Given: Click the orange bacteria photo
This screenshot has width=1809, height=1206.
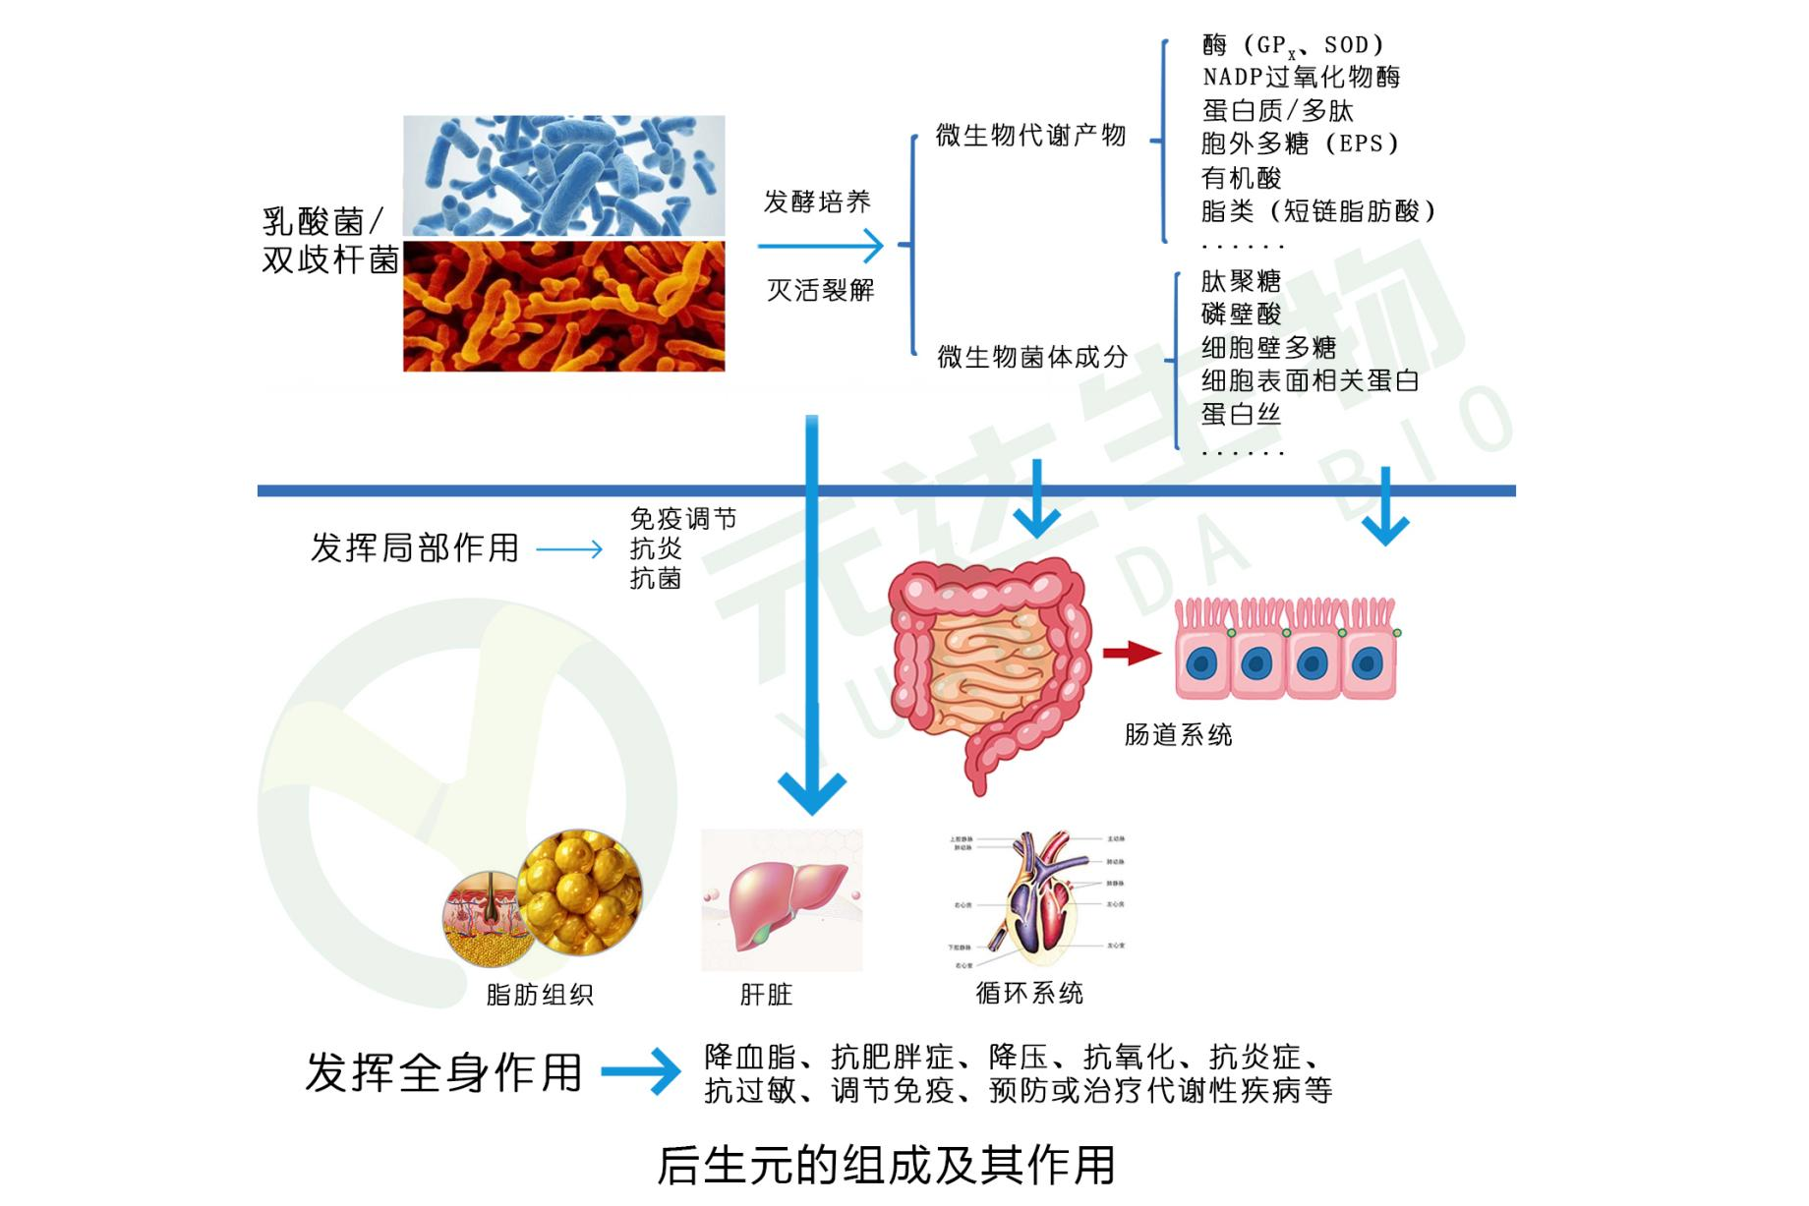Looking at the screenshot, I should tap(563, 306).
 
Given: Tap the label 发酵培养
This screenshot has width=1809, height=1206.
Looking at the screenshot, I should tap(817, 201).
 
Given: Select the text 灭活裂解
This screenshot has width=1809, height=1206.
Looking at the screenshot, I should tap(820, 290).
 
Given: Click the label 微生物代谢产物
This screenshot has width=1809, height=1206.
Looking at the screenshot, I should tap(1030, 136).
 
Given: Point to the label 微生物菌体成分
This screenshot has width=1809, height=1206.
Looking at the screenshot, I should tap(1032, 357).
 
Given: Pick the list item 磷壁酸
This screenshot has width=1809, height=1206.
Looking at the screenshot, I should tap(1241, 314).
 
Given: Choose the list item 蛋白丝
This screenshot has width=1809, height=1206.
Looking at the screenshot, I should tap(1241, 414).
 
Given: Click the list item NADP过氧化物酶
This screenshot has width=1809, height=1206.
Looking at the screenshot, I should tap(1301, 77).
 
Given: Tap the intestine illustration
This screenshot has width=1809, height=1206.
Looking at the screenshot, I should tap(988, 668).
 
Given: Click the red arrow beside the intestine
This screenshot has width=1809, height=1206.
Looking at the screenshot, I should tap(1131, 653).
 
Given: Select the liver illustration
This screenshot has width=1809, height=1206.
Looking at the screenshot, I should tap(782, 899).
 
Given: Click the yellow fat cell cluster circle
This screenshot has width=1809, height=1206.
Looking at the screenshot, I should tap(579, 891).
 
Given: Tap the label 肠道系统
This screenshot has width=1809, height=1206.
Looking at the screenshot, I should tap(1178, 734).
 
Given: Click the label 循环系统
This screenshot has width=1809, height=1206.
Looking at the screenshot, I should tap(1029, 993).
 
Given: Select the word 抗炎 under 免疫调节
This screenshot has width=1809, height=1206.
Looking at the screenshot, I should tap(656, 548).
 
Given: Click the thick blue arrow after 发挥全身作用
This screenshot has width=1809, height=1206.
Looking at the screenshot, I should tap(640, 1071).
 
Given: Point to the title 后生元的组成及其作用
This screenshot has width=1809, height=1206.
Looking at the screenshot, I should tap(886, 1166).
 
